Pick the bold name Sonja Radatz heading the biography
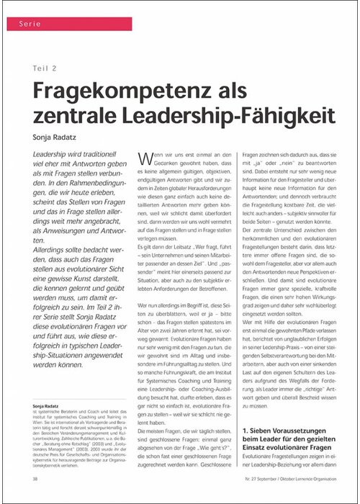49,405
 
